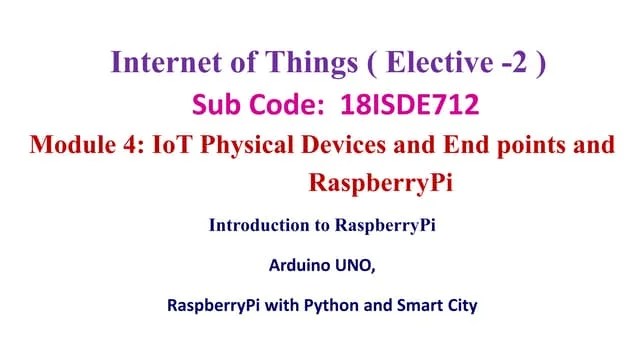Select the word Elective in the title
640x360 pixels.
coord(440,62)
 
